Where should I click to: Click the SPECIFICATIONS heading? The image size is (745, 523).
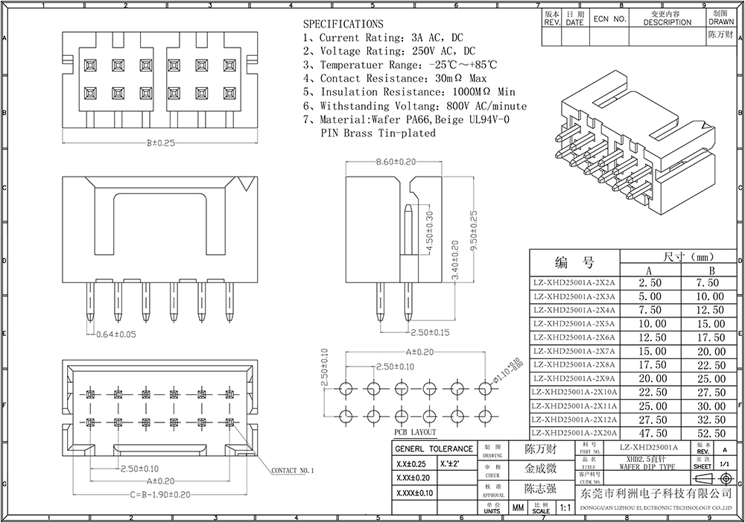[343, 25]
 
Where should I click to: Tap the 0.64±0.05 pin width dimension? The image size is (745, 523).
[118, 335]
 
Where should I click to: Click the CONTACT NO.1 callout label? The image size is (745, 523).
[293, 471]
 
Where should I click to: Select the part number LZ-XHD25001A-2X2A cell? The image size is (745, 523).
[574, 283]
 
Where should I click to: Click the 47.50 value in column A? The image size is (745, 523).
[647, 433]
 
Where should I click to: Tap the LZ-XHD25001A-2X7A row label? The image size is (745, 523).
[574, 351]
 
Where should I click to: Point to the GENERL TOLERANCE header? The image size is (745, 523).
[434, 448]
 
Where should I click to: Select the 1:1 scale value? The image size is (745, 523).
[565, 508]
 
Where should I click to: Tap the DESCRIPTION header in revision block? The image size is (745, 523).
[667, 22]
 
